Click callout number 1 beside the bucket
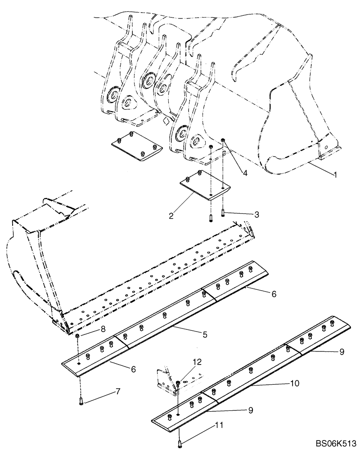coord(336,174)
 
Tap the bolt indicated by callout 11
coord(180,445)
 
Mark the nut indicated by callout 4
coord(223,143)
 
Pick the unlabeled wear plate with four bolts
coord(136,147)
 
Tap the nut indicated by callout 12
coord(178,382)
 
